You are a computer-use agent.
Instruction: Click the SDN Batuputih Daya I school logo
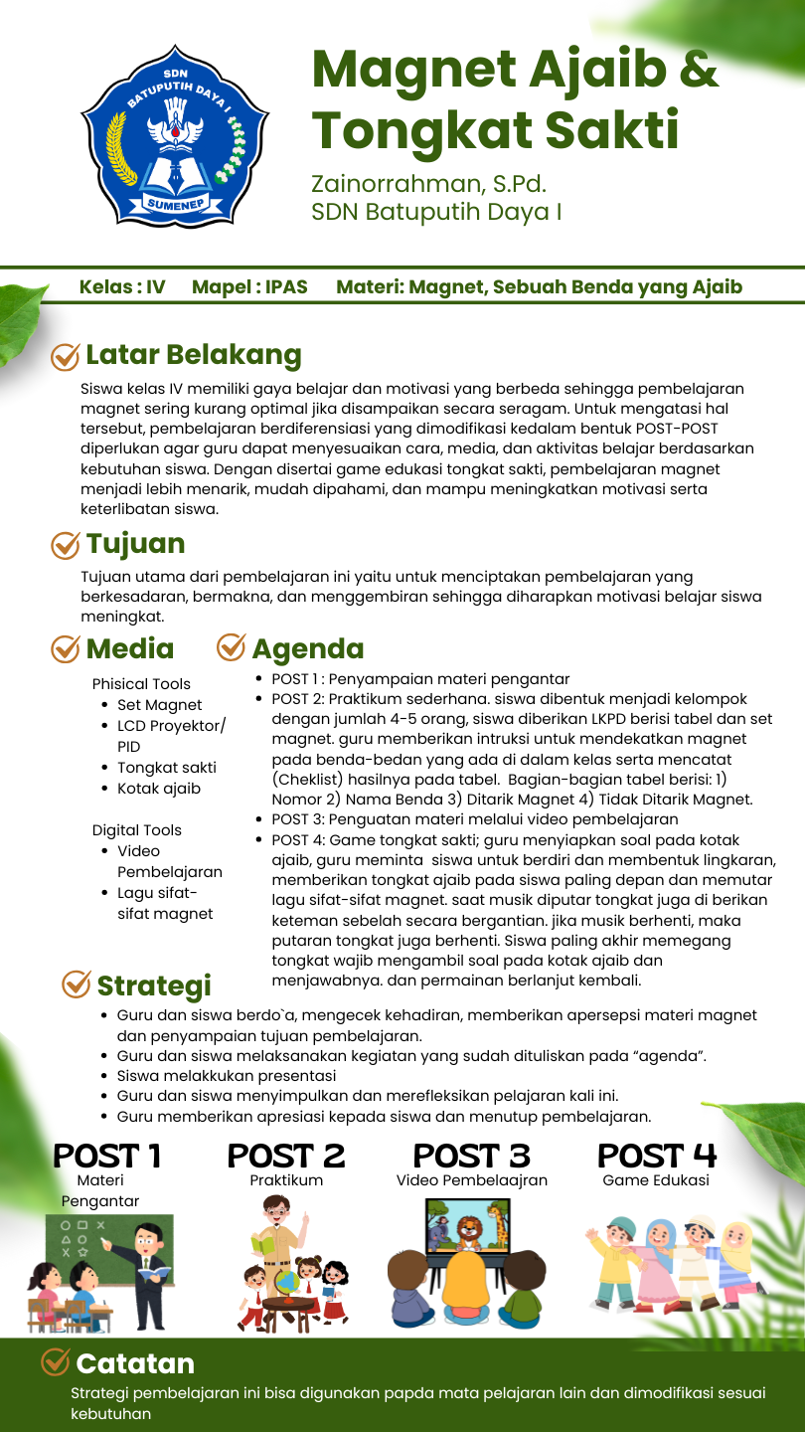coord(175,136)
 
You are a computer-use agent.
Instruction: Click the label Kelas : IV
coord(122,287)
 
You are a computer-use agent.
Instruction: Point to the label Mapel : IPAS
coord(249,287)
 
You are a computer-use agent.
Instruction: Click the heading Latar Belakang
coord(193,355)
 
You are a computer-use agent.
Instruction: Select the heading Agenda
coord(307,648)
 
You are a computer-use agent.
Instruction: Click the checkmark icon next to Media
coord(66,648)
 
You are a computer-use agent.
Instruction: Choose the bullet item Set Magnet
coord(159,705)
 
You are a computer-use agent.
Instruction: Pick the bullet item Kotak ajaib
coord(159,789)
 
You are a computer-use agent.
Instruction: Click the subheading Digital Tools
coord(137,830)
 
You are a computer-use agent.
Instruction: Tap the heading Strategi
coord(154,985)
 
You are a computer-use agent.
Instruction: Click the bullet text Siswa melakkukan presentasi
coord(227,1075)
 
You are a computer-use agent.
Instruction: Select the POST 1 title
coord(106,1157)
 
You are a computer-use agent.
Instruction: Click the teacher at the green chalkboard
coord(147,1268)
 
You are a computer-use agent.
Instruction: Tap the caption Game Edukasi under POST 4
coord(656,1180)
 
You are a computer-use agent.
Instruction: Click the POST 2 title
coord(286,1157)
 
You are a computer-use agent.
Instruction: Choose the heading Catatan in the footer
coord(135,1363)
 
